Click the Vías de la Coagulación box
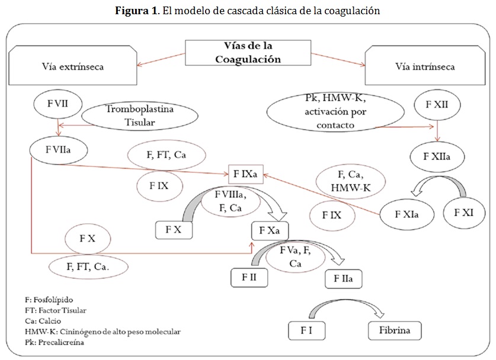coord(248,53)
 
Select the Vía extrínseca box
coord(73,66)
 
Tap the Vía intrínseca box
coord(425,66)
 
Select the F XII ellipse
coord(437,104)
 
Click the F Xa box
coord(270,230)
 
